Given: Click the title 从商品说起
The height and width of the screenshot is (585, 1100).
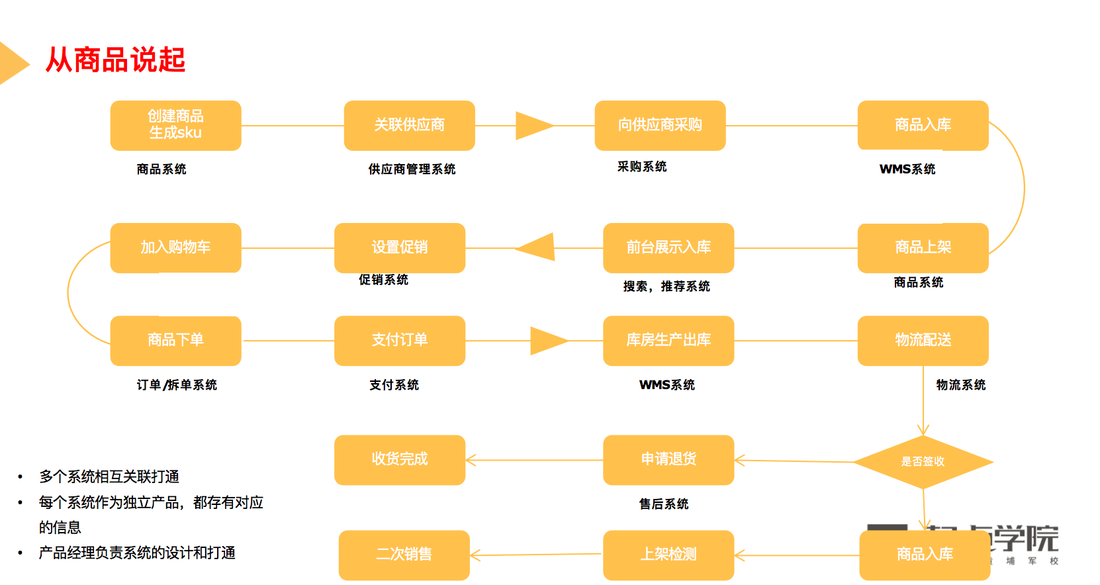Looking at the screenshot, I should pos(115,60).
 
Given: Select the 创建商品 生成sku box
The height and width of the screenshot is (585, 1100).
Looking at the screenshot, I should pos(175,125).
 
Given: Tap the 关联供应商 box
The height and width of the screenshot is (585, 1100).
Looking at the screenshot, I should pos(409,125).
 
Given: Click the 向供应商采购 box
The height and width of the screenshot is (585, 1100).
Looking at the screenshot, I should pos(660,125).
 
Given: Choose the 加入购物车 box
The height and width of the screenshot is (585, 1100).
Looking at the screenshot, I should pos(175,247).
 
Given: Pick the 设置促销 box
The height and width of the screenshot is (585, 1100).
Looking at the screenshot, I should pos(400,247).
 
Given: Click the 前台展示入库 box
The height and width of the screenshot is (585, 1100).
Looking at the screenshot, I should pos(668,247).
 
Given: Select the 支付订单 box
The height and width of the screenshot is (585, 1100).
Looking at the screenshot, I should pos(400,340).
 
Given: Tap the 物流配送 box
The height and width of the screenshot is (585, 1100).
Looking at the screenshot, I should pos(923,340).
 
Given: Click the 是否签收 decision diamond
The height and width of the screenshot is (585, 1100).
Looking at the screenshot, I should pos(923,462).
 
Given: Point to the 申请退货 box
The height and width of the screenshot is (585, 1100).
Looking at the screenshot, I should pos(668,459).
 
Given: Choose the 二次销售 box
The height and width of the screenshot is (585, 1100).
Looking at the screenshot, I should pos(404,555).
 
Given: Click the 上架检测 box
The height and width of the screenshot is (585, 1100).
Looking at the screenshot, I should pos(668,555).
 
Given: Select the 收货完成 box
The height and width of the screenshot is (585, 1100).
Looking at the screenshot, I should pos(400,459).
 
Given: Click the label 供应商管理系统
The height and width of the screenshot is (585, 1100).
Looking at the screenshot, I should pos(412,169).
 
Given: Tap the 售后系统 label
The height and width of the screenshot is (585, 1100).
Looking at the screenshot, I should pos(663,504).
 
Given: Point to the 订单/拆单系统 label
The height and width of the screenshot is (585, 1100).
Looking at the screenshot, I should pos(177,385).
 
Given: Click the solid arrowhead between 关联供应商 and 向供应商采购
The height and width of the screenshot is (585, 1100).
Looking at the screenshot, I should pos(533,126).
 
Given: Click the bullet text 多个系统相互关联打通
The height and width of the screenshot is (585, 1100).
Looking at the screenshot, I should pos(109,476).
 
